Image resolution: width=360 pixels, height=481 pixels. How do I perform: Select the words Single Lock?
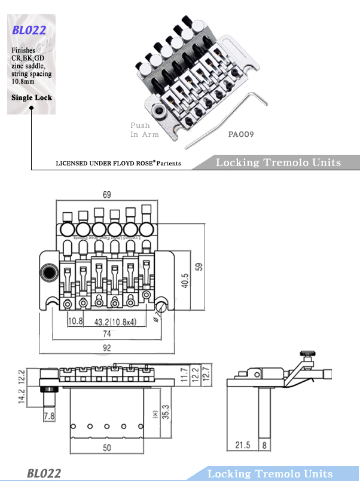pos(32,97)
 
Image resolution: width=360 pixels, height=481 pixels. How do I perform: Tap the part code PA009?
pos(241,134)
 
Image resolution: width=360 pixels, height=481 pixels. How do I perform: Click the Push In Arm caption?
pos(144,130)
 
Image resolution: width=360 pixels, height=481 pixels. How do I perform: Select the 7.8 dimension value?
pos(49,415)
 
